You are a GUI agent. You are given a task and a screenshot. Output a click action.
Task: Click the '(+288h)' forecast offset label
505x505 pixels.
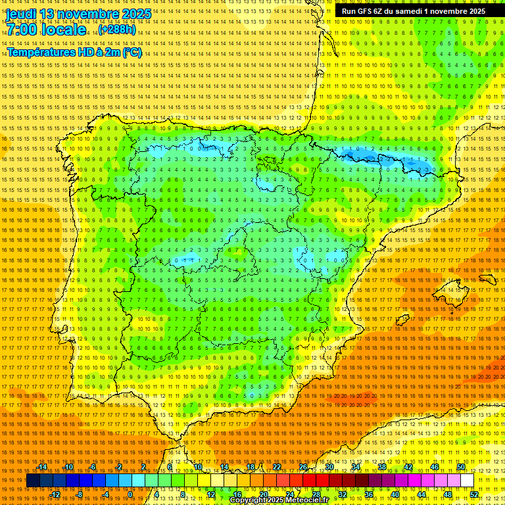[116, 30]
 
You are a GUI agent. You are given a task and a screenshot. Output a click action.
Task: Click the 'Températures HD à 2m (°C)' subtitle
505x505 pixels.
[74, 52]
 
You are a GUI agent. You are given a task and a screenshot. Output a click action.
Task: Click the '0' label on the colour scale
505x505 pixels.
[131, 494]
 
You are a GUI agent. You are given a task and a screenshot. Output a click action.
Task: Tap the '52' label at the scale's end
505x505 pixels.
[474, 494]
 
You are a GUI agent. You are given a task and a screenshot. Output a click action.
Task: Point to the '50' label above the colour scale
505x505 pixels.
[461, 467]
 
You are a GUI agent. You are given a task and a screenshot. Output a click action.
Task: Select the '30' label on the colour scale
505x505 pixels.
[329, 467]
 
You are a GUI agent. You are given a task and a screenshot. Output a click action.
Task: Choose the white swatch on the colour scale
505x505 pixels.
[467, 481]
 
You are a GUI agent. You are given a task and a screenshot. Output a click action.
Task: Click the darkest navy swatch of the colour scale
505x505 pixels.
[33, 481]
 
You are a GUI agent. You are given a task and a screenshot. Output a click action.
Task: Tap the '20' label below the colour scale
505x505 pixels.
[263, 494]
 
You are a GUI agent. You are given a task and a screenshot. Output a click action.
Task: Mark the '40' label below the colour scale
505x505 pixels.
[395, 494]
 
